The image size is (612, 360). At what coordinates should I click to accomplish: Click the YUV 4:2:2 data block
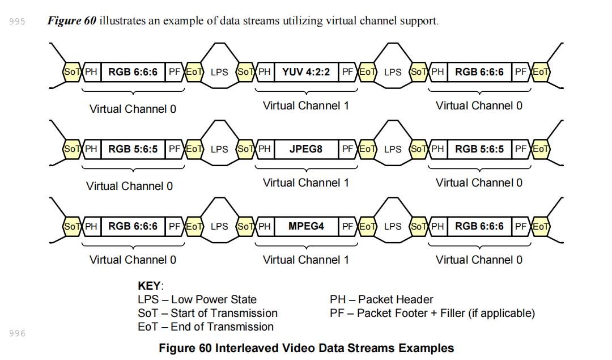306,72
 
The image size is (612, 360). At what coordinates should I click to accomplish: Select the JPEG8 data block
306,149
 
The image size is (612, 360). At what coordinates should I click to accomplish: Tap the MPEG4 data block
306,226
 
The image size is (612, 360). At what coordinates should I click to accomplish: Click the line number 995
18,22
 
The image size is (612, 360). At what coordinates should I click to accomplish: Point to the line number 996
18,333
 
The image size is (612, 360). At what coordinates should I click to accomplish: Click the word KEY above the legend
150,286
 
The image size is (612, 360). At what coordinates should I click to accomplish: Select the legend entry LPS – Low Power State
197,299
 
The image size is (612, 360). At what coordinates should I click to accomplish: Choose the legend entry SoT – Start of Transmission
207,313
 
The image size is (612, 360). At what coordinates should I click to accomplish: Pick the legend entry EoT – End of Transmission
206,327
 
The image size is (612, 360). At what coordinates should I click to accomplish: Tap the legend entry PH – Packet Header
381,299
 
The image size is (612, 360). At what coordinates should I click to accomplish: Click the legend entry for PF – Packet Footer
432,313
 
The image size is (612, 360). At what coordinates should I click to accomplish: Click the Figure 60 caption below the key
306,348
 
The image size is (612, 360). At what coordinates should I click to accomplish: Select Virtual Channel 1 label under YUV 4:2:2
306,105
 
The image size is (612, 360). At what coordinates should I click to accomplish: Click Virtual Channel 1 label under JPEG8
306,183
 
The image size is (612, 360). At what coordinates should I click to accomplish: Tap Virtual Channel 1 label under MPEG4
306,260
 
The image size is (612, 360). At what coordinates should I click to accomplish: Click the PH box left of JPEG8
265,149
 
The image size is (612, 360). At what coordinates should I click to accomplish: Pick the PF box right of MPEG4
348,226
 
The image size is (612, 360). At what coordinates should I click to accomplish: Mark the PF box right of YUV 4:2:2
348,72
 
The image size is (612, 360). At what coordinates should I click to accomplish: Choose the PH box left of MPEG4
265,226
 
